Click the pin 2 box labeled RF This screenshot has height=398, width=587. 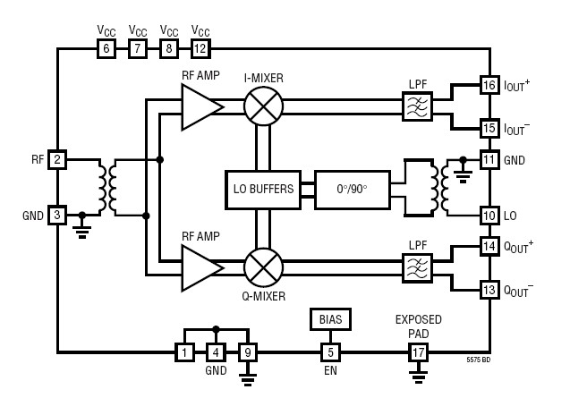(x=57, y=160)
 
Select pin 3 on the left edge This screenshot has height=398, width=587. (x=57, y=215)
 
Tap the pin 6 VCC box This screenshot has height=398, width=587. (x=106, y=49)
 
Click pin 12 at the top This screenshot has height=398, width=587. (x=200, y=49)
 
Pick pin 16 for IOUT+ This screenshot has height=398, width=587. (x=489, y=85)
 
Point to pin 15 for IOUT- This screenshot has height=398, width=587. (x=489, y=128)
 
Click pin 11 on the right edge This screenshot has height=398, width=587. (x=489, y=160)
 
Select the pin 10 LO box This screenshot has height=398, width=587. (x=489, y=215)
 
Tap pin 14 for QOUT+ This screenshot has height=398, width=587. (x=489, y=246)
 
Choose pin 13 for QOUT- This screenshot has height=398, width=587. (x=489, y=289)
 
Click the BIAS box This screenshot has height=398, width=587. (x=330, y=319)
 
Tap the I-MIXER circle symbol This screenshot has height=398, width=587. (x=263, y=107)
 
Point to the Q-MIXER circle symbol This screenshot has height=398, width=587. (x=263, y=267)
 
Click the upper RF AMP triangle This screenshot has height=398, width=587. (x=200, y=107)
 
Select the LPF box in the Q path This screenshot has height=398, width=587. (x=417, y=267)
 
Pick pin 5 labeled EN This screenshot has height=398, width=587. (x=330, y=351)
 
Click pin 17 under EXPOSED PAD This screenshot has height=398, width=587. (x=418, y=351)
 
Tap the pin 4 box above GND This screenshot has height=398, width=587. (x=216, y=351)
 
